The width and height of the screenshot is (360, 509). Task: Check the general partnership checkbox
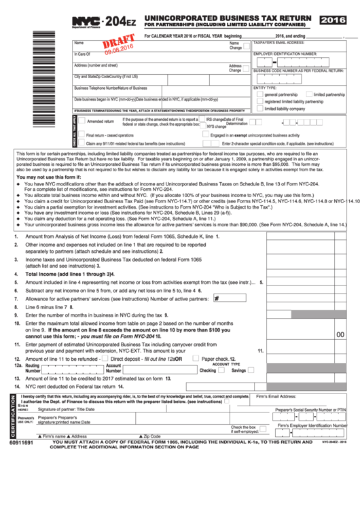point(260,94)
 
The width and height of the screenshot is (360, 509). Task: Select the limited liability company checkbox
point(260,109)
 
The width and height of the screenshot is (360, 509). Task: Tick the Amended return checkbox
point(82,121)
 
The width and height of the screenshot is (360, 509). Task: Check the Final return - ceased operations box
point(82,135)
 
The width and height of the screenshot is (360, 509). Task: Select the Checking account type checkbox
point(220,370)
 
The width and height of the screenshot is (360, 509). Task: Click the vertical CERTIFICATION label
point(10,417)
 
